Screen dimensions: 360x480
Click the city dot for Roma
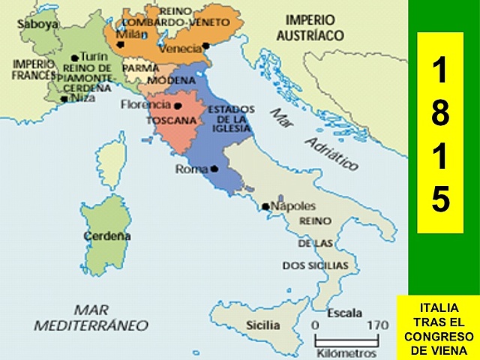(214, 169)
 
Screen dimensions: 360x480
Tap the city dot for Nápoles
(265, 206)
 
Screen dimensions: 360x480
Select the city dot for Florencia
(178, 105)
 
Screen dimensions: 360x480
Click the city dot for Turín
(74, 58)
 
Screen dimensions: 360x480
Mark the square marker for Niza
(65, 97)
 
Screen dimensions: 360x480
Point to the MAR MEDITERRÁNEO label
(90, 317)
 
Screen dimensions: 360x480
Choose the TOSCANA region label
(171, 120)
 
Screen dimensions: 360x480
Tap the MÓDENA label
(171, 80)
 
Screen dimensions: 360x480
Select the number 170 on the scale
(376, 325)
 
